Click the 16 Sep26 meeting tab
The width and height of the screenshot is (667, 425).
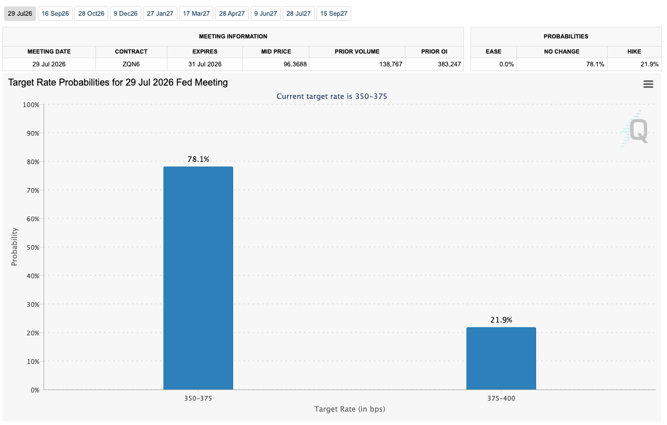[55, 13]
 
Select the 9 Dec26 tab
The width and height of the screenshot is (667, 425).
[126, 13]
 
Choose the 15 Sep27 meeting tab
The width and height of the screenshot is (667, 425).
[334, 13]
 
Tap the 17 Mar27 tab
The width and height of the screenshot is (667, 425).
[196, 13]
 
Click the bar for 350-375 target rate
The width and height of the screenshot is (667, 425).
[198, 278]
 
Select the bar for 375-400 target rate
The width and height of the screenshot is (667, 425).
[501, 359]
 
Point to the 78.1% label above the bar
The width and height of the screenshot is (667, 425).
[198, 160]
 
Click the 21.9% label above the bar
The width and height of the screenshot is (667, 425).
[501, 320]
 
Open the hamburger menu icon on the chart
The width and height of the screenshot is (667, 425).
[648, 84]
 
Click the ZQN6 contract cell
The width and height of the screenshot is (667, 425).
[131, 64]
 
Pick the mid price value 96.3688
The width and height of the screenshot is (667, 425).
[295, 64]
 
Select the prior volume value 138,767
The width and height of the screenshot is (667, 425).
[391, 64]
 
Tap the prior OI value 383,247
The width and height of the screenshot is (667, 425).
[449, 64]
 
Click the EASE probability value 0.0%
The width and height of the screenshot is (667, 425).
[507, 64]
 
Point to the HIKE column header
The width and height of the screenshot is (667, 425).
[634, 52]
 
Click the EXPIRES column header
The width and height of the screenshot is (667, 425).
[205, 52]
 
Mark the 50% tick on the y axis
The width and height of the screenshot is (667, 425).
[33, 247]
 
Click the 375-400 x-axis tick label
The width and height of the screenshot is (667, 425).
[501, 399]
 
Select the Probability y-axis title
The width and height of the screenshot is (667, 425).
[15, 247]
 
